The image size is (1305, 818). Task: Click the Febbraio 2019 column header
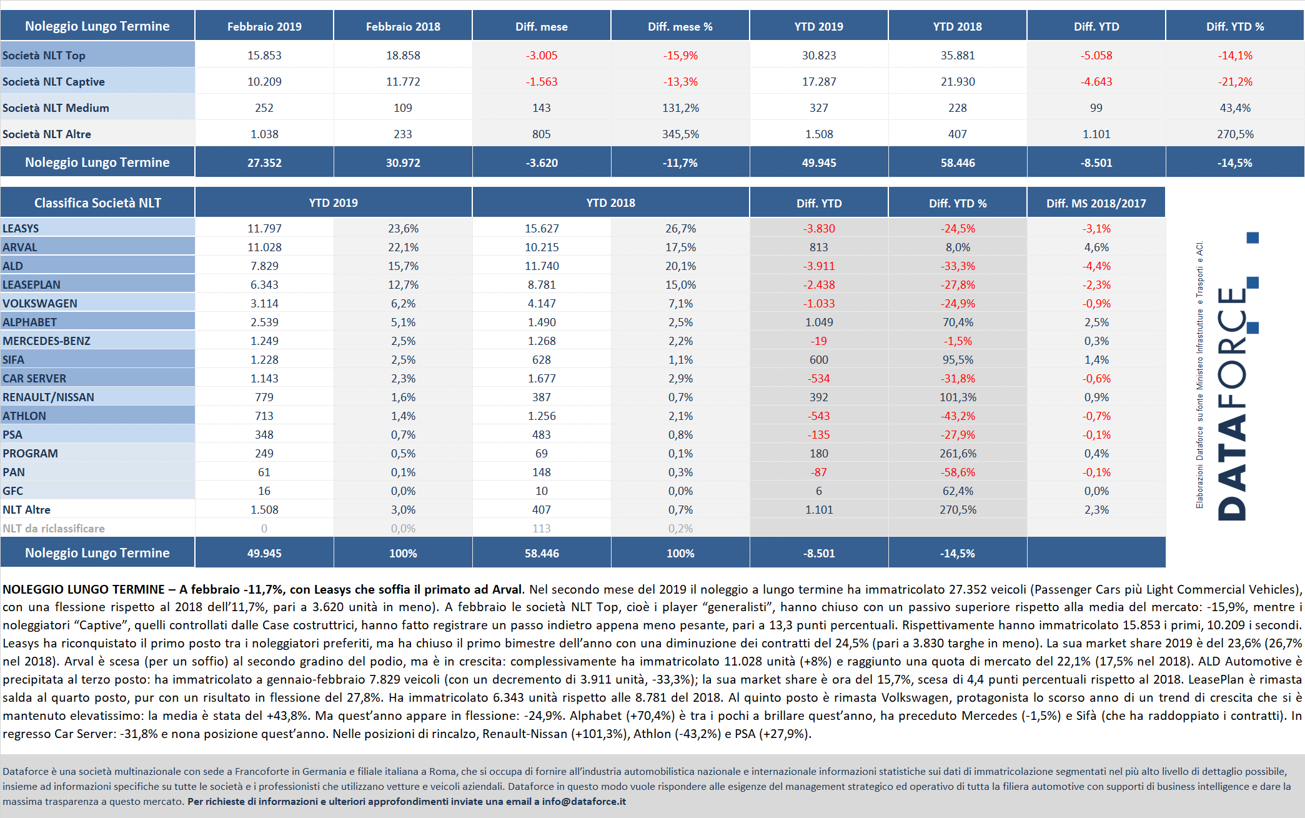point(264,26)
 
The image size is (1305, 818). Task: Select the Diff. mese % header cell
point(680,26)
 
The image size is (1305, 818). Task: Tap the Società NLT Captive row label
point(54,82)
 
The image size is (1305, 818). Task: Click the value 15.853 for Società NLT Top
point(264,56)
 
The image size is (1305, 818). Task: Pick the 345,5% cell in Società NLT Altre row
point(680,134)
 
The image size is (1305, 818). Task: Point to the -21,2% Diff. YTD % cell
point(1235,82)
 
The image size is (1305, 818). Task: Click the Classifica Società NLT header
point(97,202)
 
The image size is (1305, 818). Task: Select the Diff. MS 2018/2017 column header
point(1096,203)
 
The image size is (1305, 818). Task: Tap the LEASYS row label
point(21,229)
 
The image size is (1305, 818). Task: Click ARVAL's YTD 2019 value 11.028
point(264,247)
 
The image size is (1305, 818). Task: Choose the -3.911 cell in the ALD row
point(819,266)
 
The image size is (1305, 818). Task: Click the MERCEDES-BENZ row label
point(46,341)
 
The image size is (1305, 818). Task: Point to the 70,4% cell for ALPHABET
point(958,322)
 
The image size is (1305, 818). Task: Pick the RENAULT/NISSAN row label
point(48,397)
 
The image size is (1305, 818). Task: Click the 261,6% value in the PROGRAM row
point(958,454)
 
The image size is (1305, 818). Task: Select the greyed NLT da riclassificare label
point(54,529)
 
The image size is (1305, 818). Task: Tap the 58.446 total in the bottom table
point(542,554)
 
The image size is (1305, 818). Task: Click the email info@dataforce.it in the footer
point(583,801)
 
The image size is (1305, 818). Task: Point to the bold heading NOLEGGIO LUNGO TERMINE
point(84,589)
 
